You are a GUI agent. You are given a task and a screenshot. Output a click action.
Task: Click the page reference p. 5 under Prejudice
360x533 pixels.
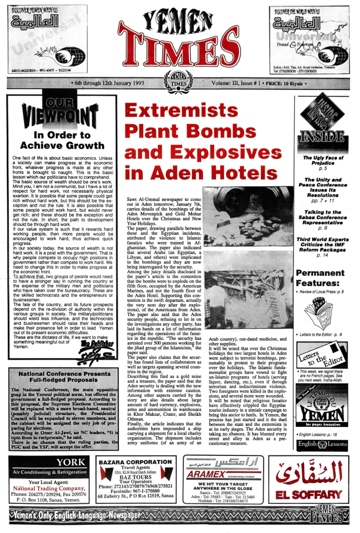click(322, 169)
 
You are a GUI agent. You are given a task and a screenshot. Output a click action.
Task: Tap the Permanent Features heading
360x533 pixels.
click(320, 278)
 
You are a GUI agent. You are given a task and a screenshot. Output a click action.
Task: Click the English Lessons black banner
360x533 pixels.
click(321, 444)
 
